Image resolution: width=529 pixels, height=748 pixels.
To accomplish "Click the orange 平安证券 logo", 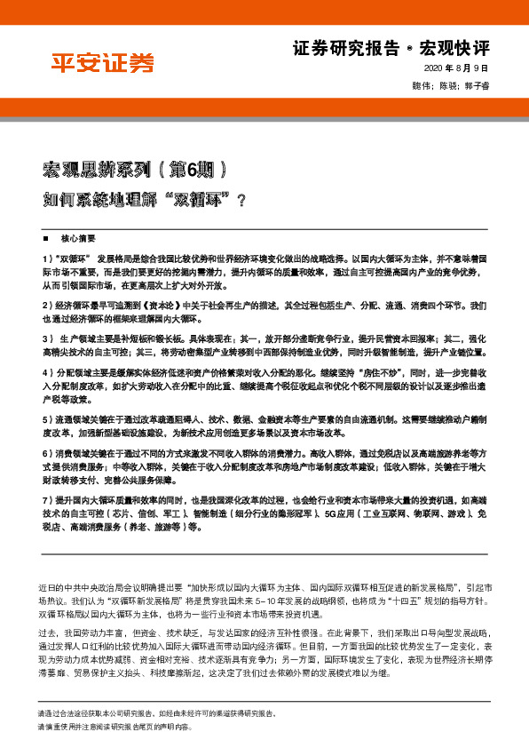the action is pos(101,62).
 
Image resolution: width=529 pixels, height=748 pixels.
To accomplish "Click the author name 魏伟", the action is pos(422,84).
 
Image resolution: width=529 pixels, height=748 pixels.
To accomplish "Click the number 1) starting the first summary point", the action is pos(47,257).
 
